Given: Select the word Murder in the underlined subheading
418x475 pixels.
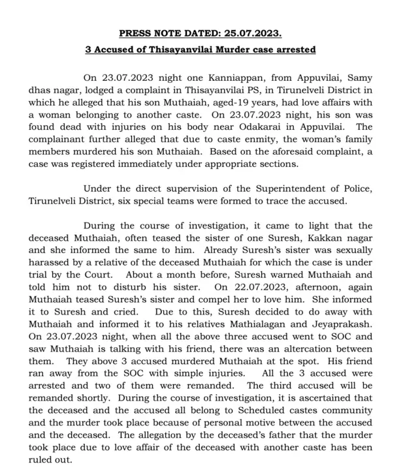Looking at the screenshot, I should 242,50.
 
